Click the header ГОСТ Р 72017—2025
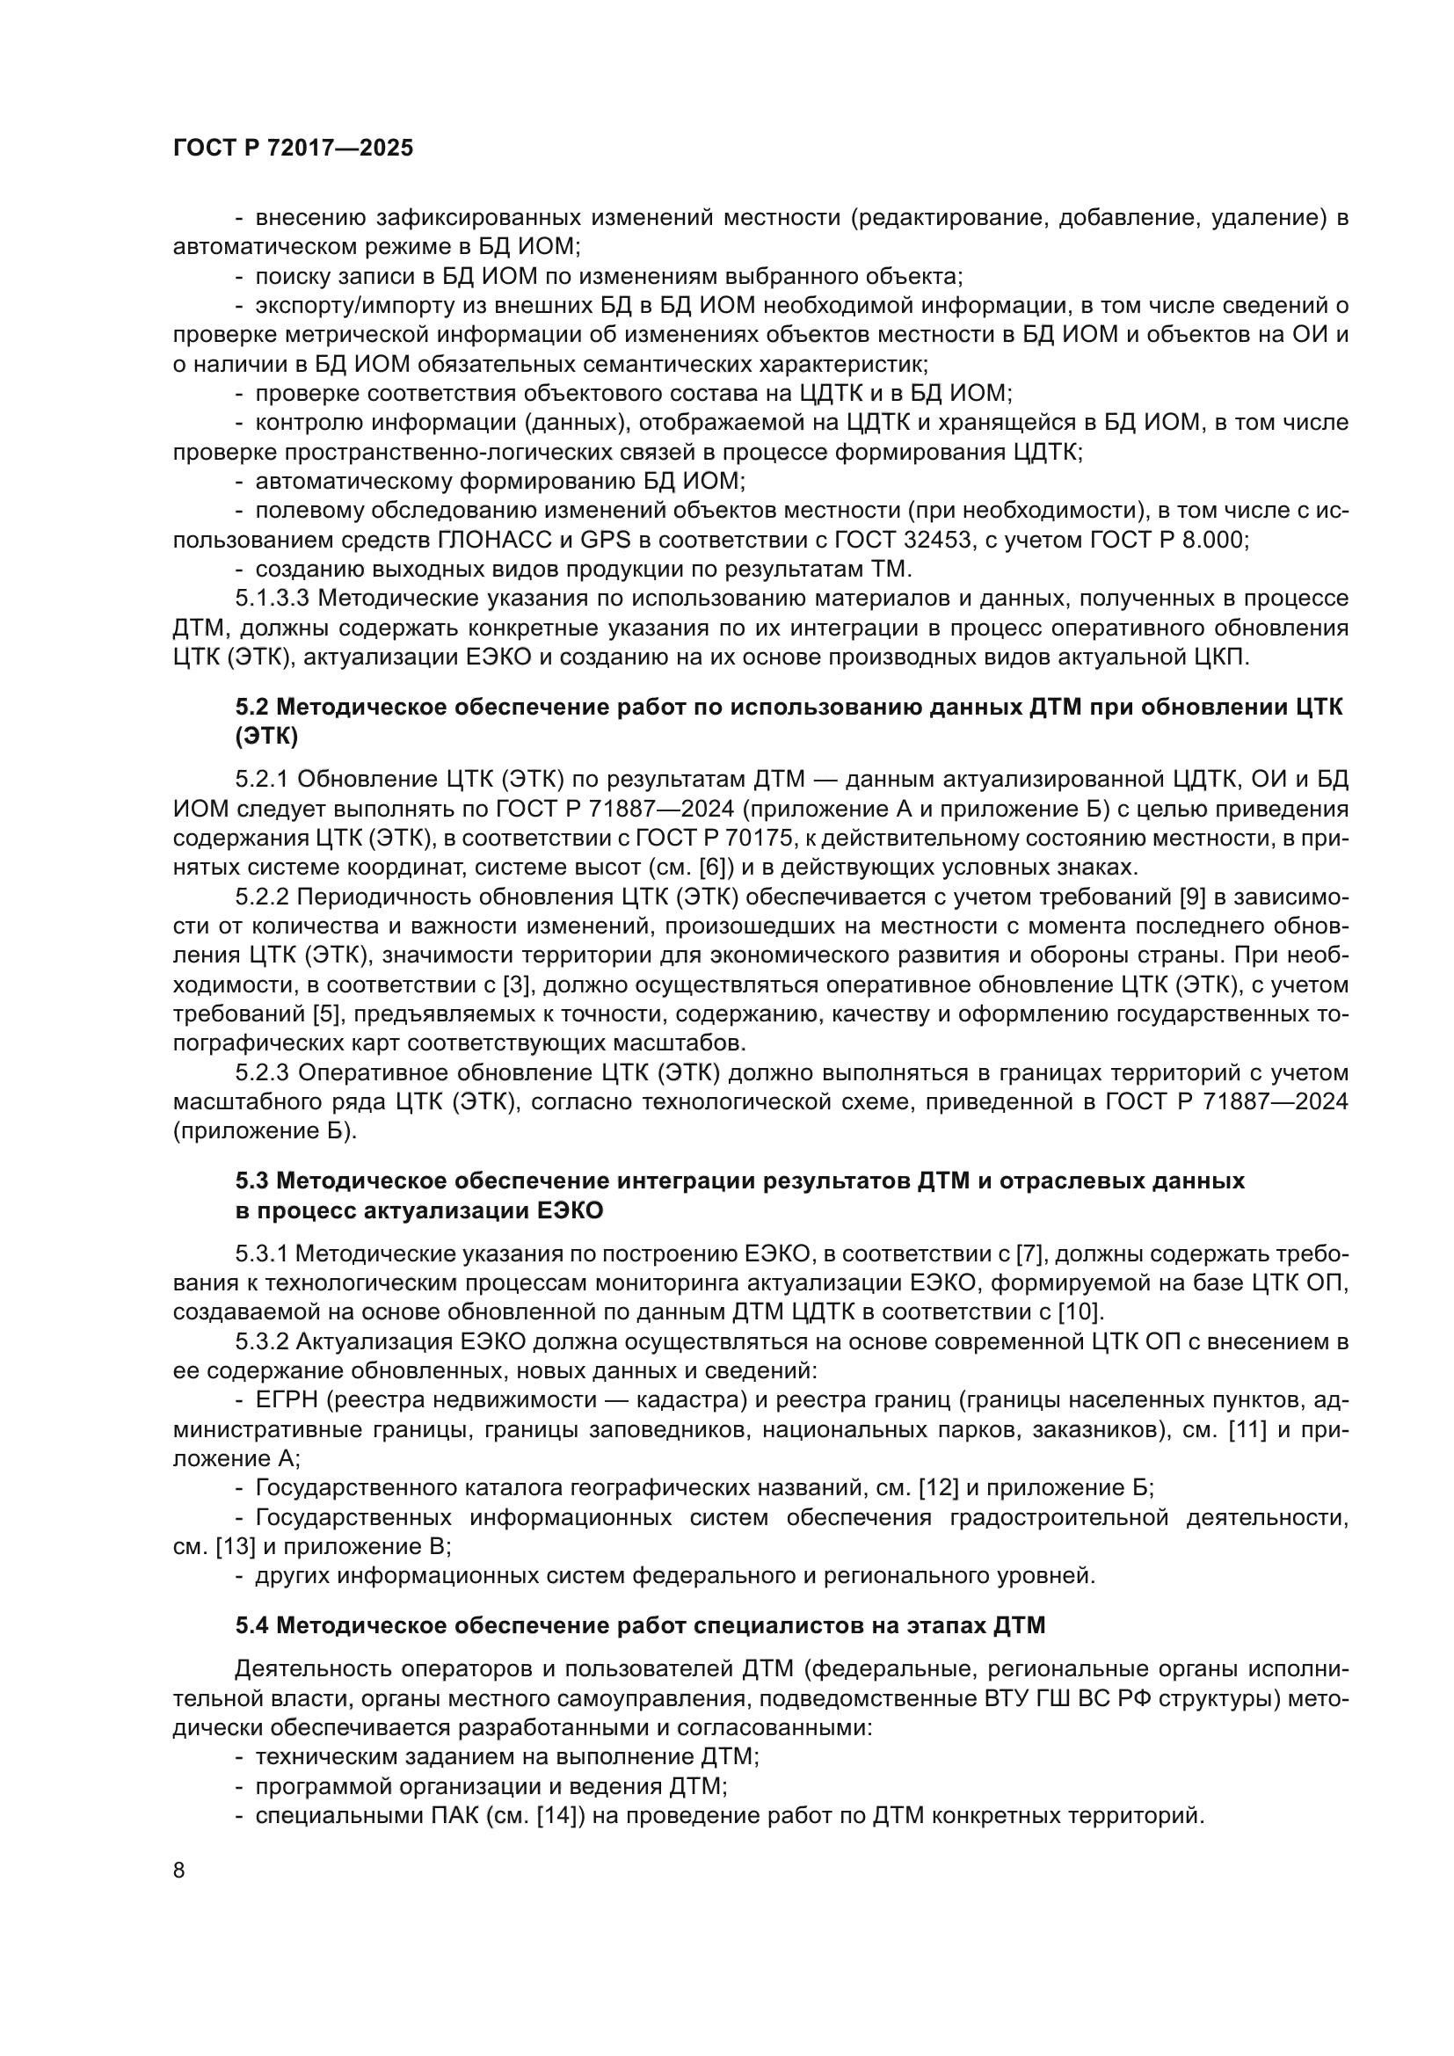point(293,149)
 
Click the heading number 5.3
point(252,1181)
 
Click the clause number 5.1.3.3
point(273,599)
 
